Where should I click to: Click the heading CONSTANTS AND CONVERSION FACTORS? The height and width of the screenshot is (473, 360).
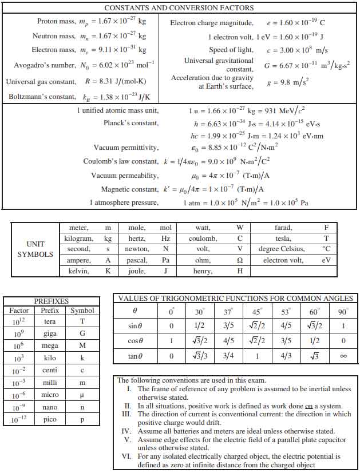click(x=179, y=8)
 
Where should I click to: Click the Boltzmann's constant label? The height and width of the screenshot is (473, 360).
click(x=42, y=97)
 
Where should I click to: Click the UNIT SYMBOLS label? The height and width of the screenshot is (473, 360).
click(x=35, y=249)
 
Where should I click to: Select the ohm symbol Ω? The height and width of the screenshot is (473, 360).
click(x=240, y=260)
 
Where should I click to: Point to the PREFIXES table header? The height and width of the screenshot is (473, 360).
click(x=52, y=301)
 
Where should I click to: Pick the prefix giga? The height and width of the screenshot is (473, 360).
click(x=50, y=333)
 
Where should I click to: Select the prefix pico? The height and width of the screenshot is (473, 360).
click(x=50, y=420)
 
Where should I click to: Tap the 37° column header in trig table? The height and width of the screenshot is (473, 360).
click(x=228, y=312)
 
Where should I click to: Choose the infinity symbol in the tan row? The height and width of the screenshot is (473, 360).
click(x=343, y=356)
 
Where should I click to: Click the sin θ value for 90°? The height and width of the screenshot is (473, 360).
click(x=343, y=326)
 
